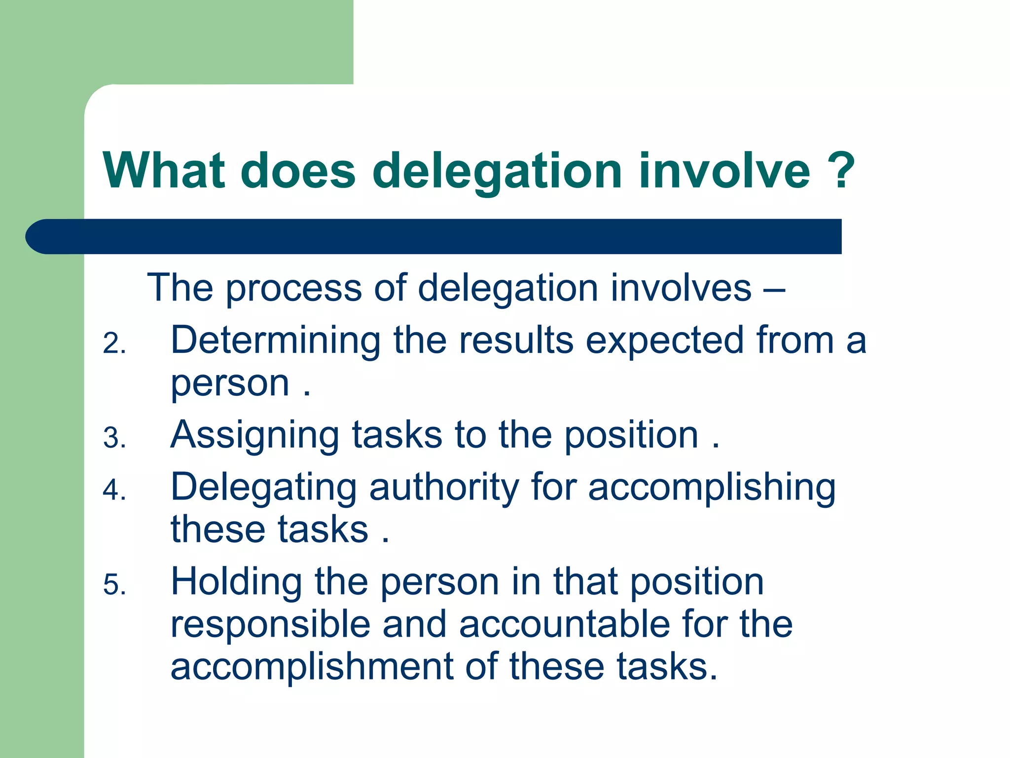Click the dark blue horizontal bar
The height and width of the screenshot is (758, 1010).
(434, 236)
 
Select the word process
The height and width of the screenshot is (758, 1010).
(294, 289)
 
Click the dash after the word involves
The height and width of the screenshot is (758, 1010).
(773, 289)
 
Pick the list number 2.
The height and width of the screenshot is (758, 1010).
(114, 344)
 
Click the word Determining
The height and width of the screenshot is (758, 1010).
(276, 341)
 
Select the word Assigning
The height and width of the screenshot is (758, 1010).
(254, 436)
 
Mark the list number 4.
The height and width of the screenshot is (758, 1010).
(114, 491)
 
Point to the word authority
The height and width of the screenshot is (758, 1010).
(444, 488)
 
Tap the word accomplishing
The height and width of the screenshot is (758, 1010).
(712, 488)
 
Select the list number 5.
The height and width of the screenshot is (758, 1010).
(114, 586)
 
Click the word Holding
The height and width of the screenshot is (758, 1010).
(236, 582)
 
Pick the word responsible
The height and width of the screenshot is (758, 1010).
(270, 625)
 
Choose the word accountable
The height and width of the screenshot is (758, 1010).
(564, 625)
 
